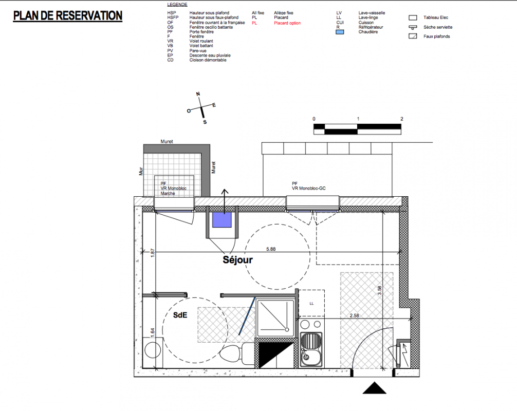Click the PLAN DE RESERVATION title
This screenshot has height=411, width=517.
pos(68,16)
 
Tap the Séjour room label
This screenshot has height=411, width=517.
pos(238,260)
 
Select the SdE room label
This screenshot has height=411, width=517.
pos(180,315)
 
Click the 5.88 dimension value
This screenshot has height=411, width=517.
pos(271,249)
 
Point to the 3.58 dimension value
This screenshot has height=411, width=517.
pos(379,290)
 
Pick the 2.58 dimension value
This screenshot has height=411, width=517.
pos(355,315)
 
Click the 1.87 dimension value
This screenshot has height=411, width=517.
pos(152,253)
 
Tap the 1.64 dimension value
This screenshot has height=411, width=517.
pos(152,332)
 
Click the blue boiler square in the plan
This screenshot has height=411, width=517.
pos(221,220)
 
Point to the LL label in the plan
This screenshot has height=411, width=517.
pos(311,304)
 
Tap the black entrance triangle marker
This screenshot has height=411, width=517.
pos(375,388)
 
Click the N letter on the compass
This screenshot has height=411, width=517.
pos(198,94)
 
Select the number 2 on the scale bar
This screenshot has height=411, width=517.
pos(401,119)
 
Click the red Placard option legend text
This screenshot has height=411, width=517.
pos(287,23)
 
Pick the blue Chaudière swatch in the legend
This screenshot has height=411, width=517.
pos(340,32)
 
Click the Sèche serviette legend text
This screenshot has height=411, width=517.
pos(438,27)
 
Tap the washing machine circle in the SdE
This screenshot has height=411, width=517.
pos(153,350)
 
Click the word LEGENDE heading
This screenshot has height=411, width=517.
pos(177,5)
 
